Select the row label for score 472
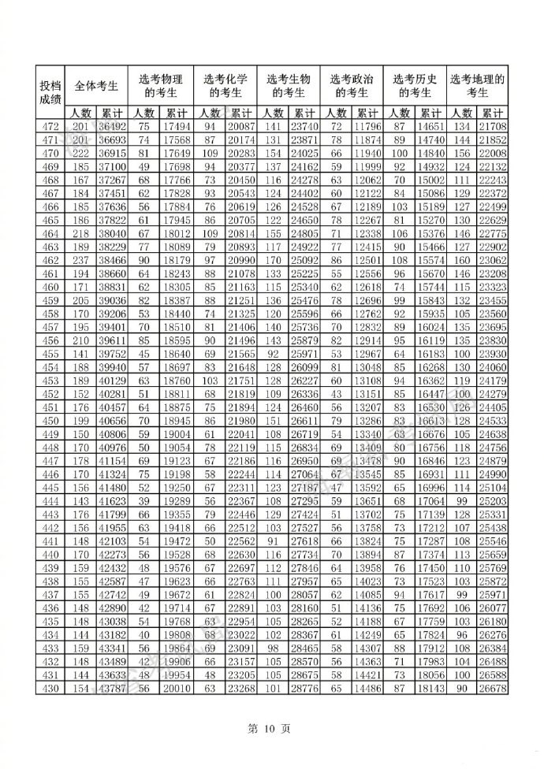[50, 127]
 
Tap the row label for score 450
[50, 421]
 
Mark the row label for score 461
[50, 273]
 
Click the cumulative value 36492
[113, 127]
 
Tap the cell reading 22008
[493, 153]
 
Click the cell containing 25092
[304, 260]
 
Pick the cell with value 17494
[177, 127]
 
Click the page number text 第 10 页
[271, 729]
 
